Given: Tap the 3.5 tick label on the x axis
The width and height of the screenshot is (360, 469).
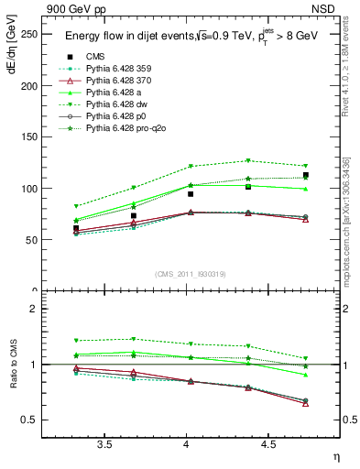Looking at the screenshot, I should (105, 445).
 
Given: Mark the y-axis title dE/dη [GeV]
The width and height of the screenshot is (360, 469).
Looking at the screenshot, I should (12, 54).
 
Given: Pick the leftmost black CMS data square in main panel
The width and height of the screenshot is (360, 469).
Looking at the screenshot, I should (76, 228).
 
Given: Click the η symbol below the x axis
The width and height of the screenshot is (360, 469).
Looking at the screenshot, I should (335, 455).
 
